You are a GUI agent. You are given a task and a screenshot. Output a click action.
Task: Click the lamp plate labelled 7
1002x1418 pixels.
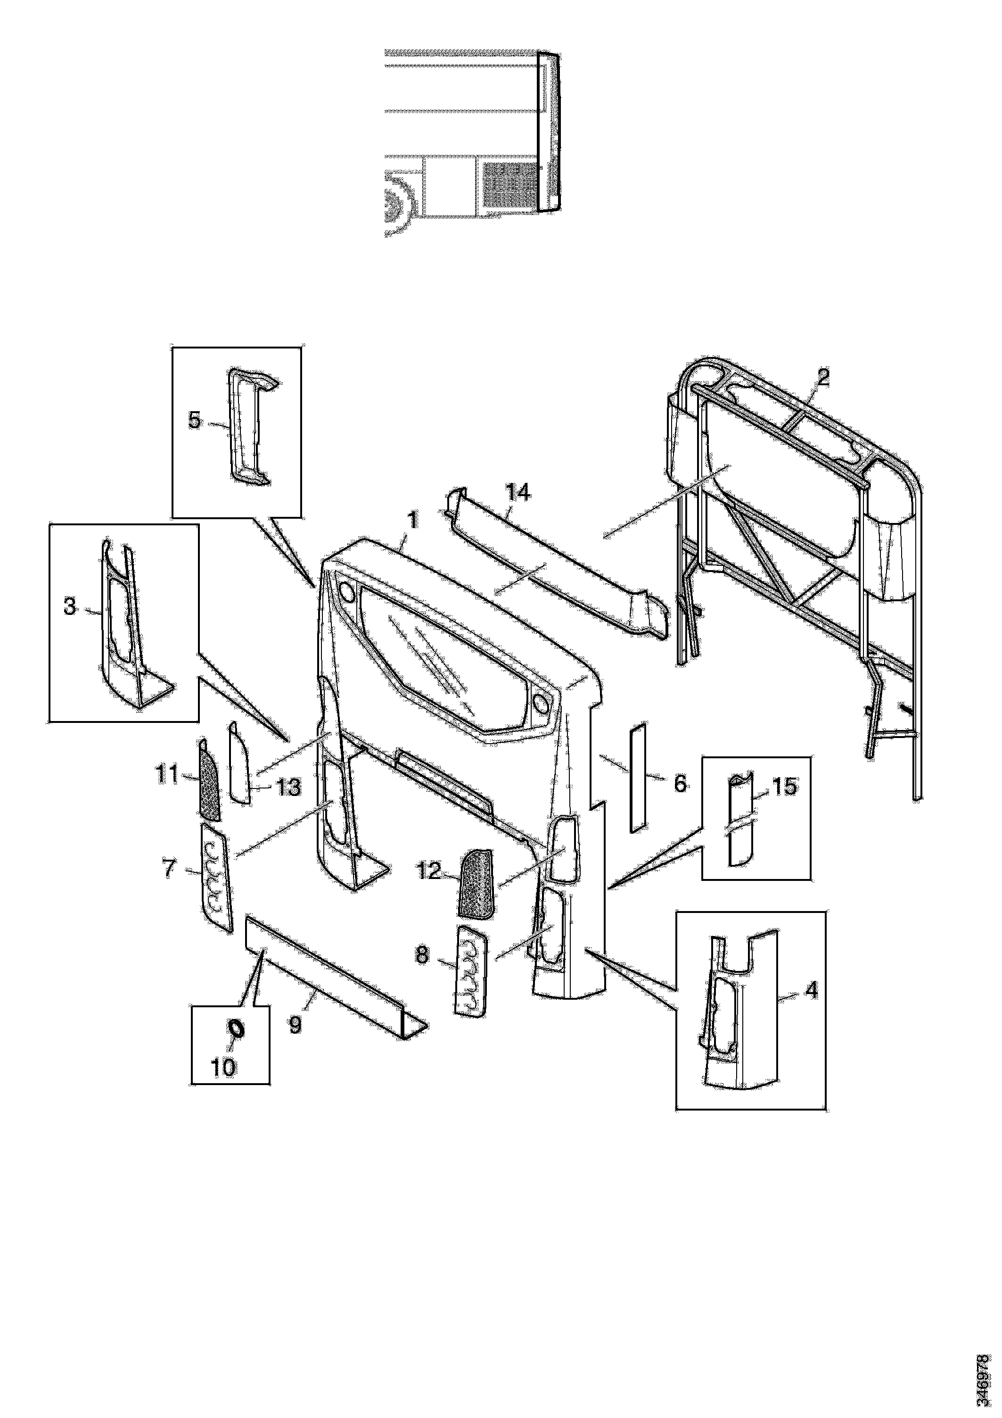point(217,878)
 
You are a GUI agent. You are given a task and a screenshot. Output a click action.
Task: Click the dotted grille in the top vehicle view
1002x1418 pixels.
point(509,185)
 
